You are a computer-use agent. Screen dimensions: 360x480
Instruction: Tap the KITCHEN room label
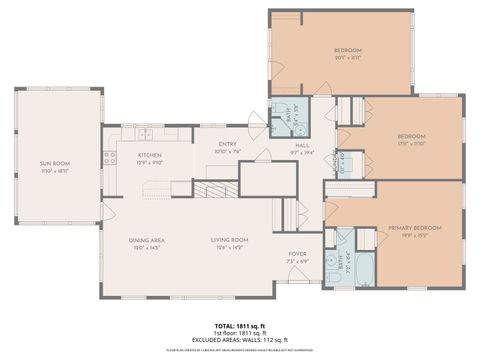click(x=149, y=155)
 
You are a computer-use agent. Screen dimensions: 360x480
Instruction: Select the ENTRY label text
click(x=227, y=145)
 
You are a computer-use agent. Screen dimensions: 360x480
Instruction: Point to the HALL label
click(x=301, y=145)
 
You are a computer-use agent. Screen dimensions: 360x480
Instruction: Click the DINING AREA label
click(x=147, y=240)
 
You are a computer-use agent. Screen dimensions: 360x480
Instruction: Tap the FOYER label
click(x=297, y=254)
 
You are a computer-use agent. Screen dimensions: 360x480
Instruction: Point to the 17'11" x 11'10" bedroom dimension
click(x=411, y=144)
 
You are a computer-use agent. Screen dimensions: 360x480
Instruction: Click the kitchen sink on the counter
click(x=144, y=134)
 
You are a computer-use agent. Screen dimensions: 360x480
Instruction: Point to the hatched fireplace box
click(x=211, y=190)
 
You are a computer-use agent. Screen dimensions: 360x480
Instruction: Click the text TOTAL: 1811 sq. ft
click(x=240, y=327)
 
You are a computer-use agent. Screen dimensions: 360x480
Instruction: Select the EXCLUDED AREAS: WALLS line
click(x=240, y=341)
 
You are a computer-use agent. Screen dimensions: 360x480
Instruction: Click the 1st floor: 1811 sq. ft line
click(x=240, y=334)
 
